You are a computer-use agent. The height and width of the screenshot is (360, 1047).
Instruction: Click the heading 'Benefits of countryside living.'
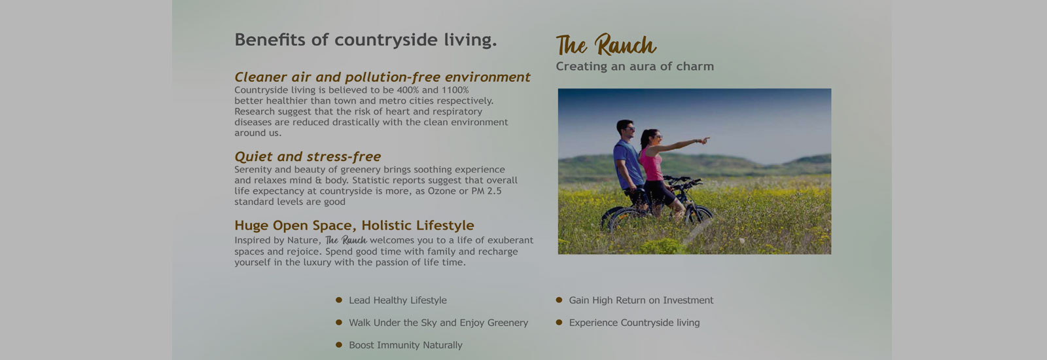[x=366, y=40]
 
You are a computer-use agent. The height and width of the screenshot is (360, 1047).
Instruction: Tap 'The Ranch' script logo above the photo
[x=606, y=45]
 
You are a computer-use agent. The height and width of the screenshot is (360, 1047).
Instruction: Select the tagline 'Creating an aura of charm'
[x=635, y=66]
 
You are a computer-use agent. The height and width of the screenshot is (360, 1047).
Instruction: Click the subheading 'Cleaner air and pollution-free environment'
[x=382, y=77]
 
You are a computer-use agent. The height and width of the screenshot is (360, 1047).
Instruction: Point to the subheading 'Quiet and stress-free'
[x=308, y=156]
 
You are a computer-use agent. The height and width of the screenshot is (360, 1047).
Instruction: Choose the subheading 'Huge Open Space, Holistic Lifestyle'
[x=354, y=225]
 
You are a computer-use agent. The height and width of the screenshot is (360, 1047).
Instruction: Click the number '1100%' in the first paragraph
[x=455, y=90]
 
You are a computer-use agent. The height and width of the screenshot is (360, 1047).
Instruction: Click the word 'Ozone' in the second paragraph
[x=442, y=190]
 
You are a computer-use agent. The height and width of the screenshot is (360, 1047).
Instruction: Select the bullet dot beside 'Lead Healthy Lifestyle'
[x=339, y=300]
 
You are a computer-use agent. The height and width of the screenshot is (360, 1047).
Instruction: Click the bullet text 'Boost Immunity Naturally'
[x=406, y=345]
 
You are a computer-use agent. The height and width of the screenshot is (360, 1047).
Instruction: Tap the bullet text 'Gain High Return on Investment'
[x=641, y=300]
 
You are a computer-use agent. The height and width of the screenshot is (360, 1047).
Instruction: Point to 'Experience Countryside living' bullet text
[x=634, y=323]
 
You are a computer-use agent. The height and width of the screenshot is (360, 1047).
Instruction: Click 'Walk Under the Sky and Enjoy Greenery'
[x=438, y=323]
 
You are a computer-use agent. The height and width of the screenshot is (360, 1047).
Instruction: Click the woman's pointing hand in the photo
[x=704, y=140]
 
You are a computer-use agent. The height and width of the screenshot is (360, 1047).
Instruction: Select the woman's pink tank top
[x=650, y=164]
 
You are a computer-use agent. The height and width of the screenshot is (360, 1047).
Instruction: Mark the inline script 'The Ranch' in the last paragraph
[x=346, y=240]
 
